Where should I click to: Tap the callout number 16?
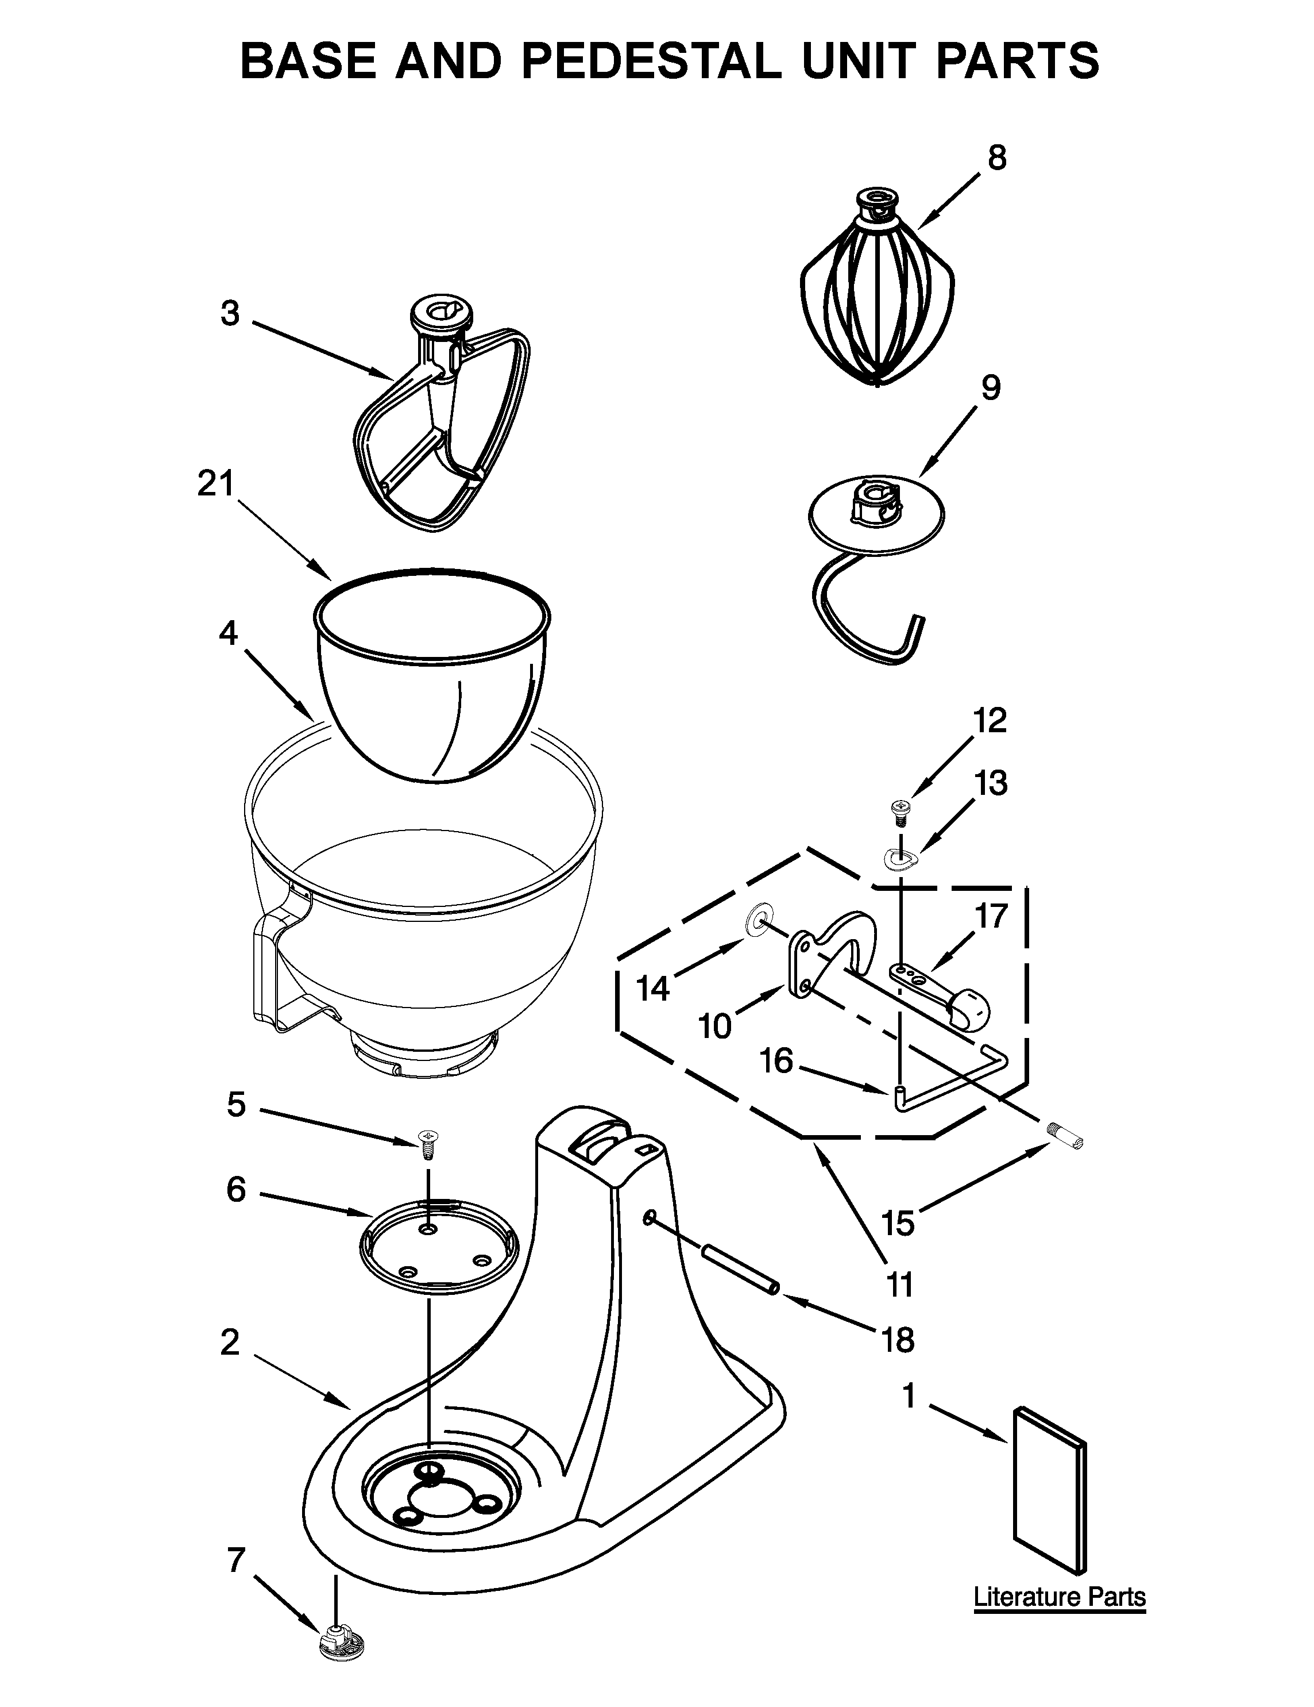tap(776, 1062)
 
